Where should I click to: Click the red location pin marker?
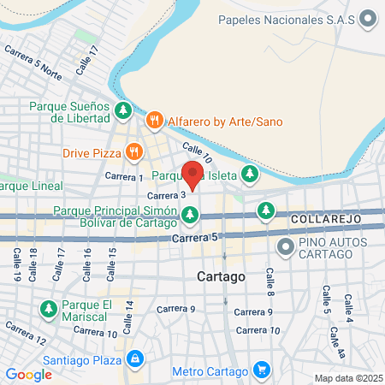click(193, 175)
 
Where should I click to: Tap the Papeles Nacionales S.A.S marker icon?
click(369, 18)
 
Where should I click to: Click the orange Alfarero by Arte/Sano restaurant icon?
click(155, 121)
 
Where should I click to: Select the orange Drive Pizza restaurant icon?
click(133, 152)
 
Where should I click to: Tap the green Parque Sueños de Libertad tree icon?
click(123, 110)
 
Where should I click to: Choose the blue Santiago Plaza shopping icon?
click(133, 358)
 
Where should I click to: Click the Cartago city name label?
click(221, 277)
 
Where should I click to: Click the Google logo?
click(28, 374)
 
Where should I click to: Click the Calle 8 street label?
click(269, 279)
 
